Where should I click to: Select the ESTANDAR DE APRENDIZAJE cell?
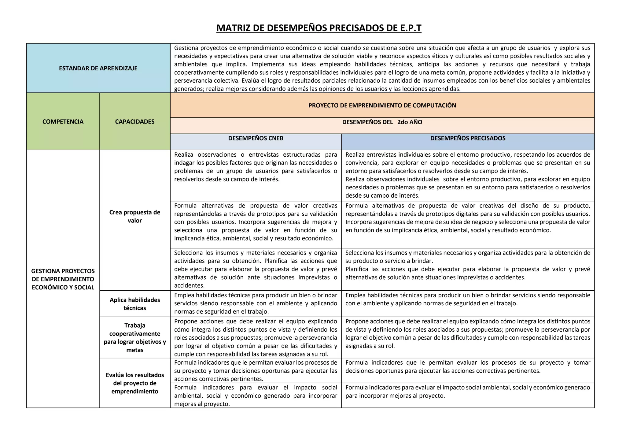[x=98, y=68]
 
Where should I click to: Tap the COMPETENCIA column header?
[x=63, y=121]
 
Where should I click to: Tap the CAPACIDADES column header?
[x=135, y=121]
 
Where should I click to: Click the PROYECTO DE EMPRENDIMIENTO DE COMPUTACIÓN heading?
[x=382, y=105]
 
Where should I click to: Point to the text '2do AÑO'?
[x=410, y=122]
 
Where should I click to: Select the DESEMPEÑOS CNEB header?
[x=256, y=138]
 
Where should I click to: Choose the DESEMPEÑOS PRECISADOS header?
[x=468, y=138]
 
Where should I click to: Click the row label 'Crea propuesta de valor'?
[x=135, y=216]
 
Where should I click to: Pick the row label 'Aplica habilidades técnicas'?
[x=135, y=304]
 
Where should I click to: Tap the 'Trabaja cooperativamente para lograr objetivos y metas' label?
[x=135, y=337]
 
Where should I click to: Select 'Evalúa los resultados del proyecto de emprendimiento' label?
[x=135, y=383]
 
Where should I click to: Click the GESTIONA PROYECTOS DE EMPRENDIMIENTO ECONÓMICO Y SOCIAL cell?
[x=63, y=279]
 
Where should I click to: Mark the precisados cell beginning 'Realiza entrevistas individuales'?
[x=468, y=175]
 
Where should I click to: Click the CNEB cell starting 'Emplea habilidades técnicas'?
[x=256, y=303]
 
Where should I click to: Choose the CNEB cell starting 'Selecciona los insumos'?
[x=256, y=269]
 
